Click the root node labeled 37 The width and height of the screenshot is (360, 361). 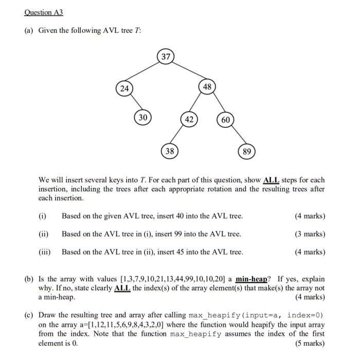(x=165, y=57)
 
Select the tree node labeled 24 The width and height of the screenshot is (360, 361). (x=124, y=89)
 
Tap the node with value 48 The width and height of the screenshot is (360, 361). (x=207, y=87)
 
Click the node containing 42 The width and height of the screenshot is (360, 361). (x=189, y=119)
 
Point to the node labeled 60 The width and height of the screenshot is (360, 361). (x=226, y=120)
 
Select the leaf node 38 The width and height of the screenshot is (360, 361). (x=170, y=151)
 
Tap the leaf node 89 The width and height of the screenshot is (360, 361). (x=247, y=151)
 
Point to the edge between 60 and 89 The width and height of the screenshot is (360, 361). (x=237, y=135)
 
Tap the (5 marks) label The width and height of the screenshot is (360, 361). (x=310, y=343)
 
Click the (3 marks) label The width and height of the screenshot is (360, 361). (x=310, y=234)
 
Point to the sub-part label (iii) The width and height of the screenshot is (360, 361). (x=45, y=252)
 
